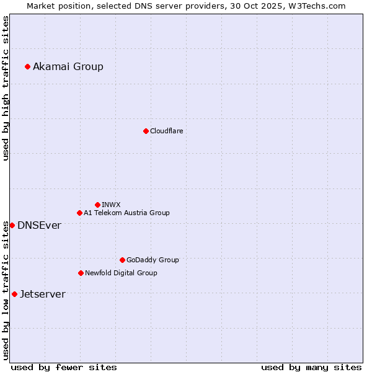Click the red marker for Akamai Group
[x=27, y=66]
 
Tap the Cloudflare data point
[x=146, y=131]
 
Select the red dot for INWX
[x=97, y=205]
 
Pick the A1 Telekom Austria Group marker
[x=79, y=213]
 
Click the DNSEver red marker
[x=12, y=225]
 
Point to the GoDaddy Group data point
[x=122, y=260]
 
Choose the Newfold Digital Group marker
[x=81, y=273]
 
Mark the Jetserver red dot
[x=14, y=294]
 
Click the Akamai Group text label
[x=68, y=67]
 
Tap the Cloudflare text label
[x=167, y=131]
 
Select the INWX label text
[x=111, y=205]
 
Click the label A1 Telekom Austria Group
[x=126, y=213]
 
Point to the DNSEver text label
[x=39, y=226]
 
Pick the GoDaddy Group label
[x=153, y=260]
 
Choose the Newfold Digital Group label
[x=121, y=273]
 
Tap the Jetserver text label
[x=42, y=294]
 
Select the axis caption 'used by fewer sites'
[x=64, y=367]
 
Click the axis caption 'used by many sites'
[x=311, y=367]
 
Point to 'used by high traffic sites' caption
[x=6, y=88]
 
